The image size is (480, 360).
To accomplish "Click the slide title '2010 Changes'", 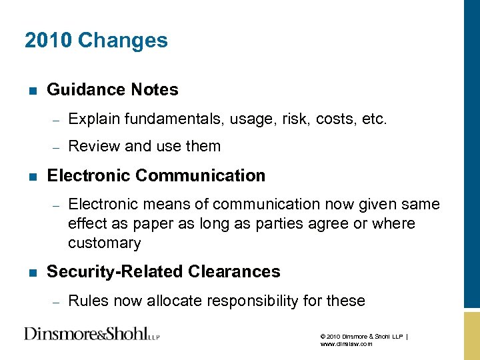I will coord(96,41).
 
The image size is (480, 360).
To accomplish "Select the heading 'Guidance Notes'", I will coord(113,90).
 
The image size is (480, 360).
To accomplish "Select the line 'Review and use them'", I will coord(144,146).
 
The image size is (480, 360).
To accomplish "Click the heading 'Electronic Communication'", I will coord(156,176).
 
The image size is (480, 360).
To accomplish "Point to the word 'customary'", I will coord(104,243).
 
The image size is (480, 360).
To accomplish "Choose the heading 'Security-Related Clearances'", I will coord(163,272).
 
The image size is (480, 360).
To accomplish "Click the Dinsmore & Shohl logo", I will coord(92,333).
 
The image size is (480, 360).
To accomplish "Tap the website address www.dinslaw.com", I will coord(346,344).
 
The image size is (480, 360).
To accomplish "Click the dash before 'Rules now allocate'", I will coord(57,302).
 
